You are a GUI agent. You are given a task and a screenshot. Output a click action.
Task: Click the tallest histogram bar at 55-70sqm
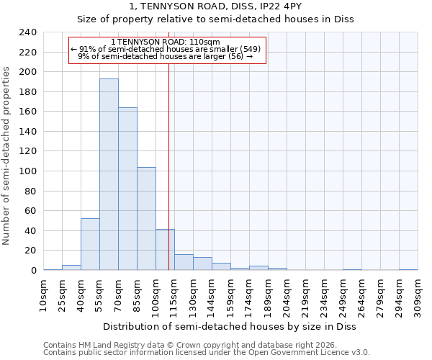coord(109,174)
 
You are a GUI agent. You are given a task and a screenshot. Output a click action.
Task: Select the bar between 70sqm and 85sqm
coord(127,189)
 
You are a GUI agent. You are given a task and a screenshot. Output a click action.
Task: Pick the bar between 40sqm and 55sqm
coord(90,244)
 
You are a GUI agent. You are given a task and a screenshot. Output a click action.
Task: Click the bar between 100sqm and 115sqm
coord(165,250)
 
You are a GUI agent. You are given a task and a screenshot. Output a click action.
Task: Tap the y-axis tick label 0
coord(33,271)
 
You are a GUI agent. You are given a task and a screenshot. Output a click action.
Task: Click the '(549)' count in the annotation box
coord(249,49)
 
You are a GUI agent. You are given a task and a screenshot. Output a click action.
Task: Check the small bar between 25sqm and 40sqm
coord(71,268)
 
